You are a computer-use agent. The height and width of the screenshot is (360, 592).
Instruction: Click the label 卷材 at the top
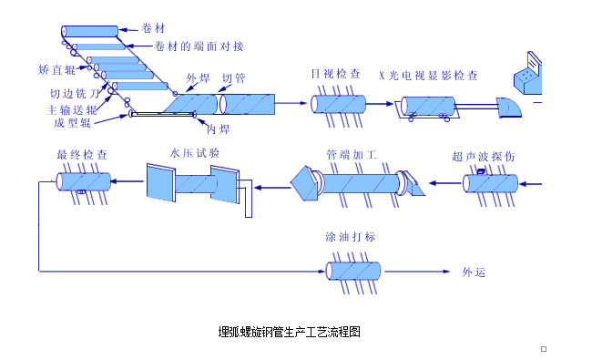(153, 28)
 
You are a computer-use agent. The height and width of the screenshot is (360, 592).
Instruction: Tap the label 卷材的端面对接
(199, 46)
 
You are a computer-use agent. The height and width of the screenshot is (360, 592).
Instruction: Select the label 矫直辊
(57, 69)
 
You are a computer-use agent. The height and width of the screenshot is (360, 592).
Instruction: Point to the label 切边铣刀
(75, 93)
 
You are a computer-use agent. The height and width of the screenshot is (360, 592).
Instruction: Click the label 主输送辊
(72, 110)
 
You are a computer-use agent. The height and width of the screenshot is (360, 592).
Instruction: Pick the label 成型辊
(72, 123)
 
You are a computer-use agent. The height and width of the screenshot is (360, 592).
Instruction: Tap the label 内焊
(218, 129)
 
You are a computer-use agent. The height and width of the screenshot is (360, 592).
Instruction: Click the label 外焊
(198, 78)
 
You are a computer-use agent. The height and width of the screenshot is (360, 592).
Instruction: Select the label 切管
(233, 78)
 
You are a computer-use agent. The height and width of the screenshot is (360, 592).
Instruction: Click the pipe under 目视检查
(338, 104)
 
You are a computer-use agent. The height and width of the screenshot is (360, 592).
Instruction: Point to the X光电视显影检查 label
(429, 76)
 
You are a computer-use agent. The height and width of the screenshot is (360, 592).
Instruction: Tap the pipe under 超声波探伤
(490, 183)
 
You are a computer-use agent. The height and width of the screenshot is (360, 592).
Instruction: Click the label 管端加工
(352, 155)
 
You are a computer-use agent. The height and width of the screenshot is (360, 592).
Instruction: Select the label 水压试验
(194, 153)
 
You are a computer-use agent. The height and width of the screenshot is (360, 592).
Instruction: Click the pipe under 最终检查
(84, 181)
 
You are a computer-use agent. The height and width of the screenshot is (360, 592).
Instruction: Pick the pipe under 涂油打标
(353, 271)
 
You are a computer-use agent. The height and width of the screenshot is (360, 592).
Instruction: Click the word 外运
(474, 272)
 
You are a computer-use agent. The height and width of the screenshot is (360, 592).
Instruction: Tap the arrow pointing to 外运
(417, 272)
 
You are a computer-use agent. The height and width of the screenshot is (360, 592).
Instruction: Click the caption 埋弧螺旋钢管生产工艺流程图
(290, 332)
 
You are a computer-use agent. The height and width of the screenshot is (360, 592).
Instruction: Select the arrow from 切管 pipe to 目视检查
(291, 103)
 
